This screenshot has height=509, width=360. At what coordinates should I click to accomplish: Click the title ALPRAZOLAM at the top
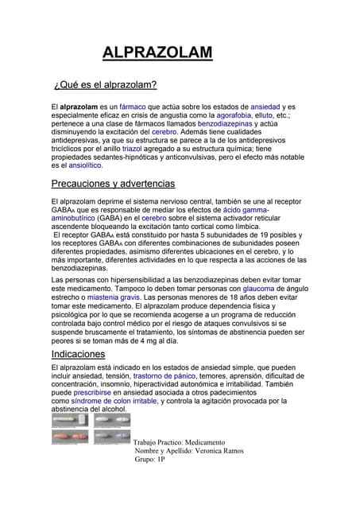pyautogui.click(x=157, y=53)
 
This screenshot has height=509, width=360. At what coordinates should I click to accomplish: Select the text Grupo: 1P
pyautogui.click(x=150, y=460)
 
